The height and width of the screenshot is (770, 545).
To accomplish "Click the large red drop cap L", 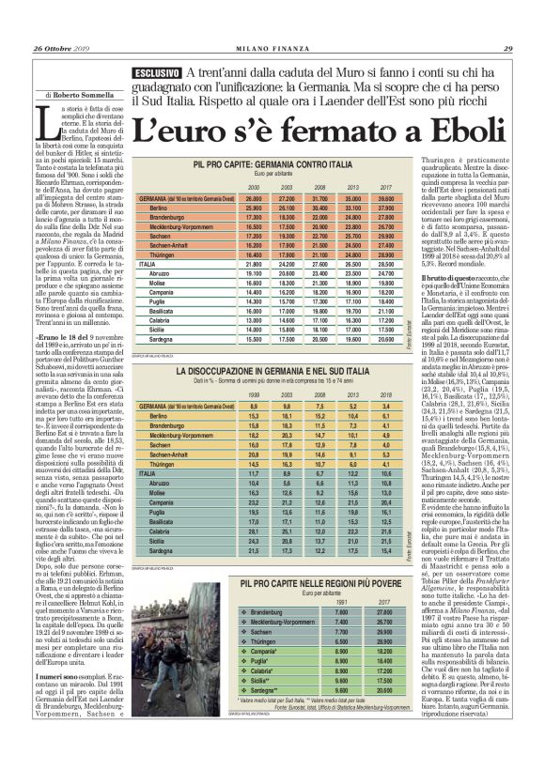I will [x=39, y=121].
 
